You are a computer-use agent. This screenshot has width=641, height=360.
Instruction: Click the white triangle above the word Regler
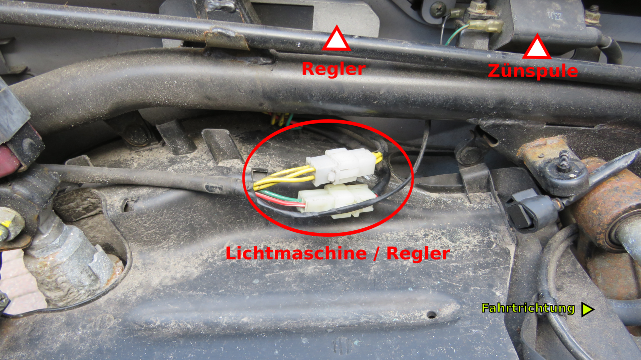(x=337, y=40)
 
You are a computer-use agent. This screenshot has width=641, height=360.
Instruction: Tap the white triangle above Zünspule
(x=537, y=48)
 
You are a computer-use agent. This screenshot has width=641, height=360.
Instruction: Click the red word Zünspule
(x=533, y=71)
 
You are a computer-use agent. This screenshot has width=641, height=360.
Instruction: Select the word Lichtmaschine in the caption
(x=296, y=253)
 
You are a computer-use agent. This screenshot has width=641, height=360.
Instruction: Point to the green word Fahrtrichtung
(x=528, y=308)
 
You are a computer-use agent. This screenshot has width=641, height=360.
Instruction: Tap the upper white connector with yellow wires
(x=340, y=166)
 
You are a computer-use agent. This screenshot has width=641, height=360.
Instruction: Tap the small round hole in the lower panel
(x=431, y=315)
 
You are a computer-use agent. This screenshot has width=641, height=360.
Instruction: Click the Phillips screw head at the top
(x=437, y=8)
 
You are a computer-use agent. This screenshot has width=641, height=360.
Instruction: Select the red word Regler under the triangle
(x=334, y=69)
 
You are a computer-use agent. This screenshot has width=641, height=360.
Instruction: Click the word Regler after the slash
(x=418, y=253)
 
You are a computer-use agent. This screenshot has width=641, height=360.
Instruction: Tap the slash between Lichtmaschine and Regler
(x=377, y=253)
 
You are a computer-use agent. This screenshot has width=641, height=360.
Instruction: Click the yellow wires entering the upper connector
(x=285, y=178)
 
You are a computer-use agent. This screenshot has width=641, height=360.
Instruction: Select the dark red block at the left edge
(x=11, y=157)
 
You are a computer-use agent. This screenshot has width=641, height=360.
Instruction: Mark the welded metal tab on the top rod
(x=226, y=39)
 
